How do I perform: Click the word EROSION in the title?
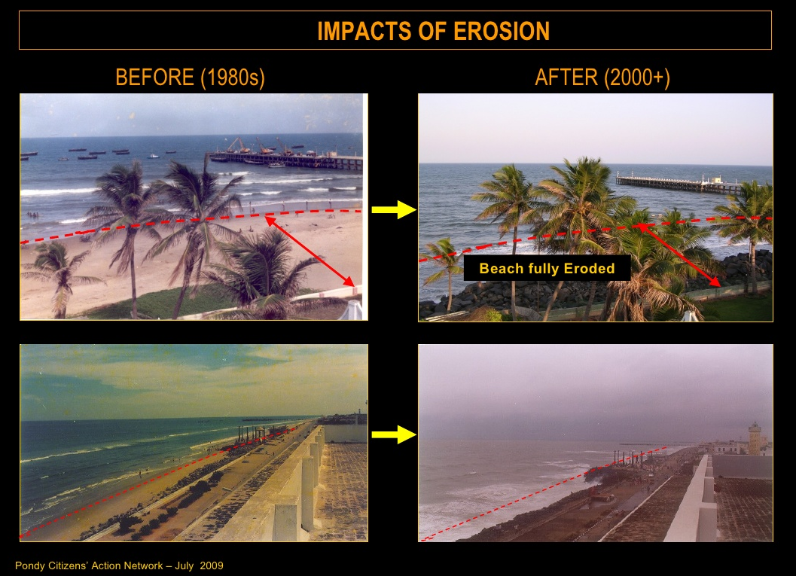click(x=501, y=31)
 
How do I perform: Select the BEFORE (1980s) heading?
click(x=190, y=78)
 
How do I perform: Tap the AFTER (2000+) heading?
click(x=602, y=78)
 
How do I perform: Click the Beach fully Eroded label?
click(x=547, y=268)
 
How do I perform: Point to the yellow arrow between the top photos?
click(x=394, y=209)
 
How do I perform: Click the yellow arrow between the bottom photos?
click(x=394, y=434)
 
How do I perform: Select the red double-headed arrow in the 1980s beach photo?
click(x=310, y=251)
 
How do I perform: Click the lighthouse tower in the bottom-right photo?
click(x=755, y=438)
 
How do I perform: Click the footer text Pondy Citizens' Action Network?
click(x=90, y=566)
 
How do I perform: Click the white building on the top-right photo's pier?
click(x=715, y=180)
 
